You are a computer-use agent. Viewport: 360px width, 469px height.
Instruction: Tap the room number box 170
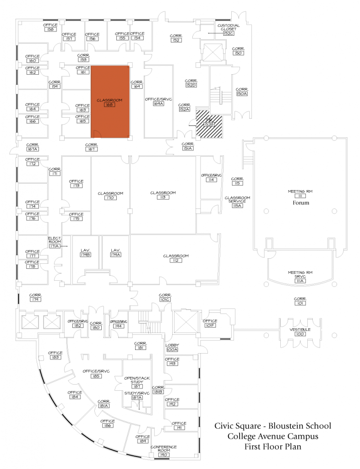coord(110,198)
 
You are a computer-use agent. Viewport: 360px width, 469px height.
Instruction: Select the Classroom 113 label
coord(163,195)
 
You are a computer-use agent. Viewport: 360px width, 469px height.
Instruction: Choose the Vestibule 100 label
coord(300,332)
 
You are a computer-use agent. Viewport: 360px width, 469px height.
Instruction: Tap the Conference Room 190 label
coord(164,449)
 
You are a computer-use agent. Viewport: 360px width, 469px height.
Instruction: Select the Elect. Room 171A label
coord(55,243)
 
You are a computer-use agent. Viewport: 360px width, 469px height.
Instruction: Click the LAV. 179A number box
coord(115,254)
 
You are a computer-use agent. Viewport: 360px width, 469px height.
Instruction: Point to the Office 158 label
coord(50,27)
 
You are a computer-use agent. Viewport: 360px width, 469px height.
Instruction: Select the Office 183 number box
coord(55,358)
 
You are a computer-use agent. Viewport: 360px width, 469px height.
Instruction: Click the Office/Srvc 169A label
coord(158,101)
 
